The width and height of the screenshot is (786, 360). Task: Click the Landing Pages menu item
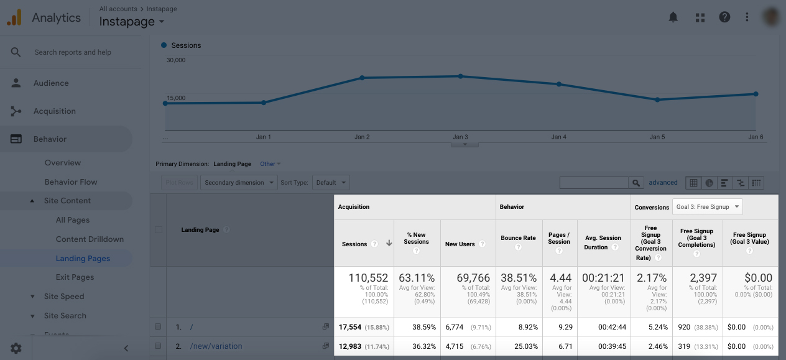point(83,259)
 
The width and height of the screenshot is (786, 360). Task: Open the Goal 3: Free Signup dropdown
point(707,207)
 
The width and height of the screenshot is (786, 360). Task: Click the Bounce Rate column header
point(518,238)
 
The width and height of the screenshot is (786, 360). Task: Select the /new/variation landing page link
point(216,346)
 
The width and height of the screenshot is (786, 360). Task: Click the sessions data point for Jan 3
point(461,76)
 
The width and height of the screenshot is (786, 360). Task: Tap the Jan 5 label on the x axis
point(657,137)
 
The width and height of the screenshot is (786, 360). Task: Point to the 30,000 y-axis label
point(176,60)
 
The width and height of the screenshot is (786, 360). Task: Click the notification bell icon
point(673,17)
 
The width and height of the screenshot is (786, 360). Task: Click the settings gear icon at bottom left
point(16,348)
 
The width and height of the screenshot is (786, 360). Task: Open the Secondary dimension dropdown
point(239,183)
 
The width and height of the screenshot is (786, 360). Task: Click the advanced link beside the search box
point(663,183)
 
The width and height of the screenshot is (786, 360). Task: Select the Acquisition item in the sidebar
point(55,111)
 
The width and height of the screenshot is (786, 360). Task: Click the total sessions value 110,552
point(368,278)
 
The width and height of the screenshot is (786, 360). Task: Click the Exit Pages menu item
point(75,277)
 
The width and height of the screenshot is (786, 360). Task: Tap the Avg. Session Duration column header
point(601,242)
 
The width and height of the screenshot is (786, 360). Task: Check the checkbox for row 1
point(158,327)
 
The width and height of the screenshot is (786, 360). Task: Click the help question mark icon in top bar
point(724,17)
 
